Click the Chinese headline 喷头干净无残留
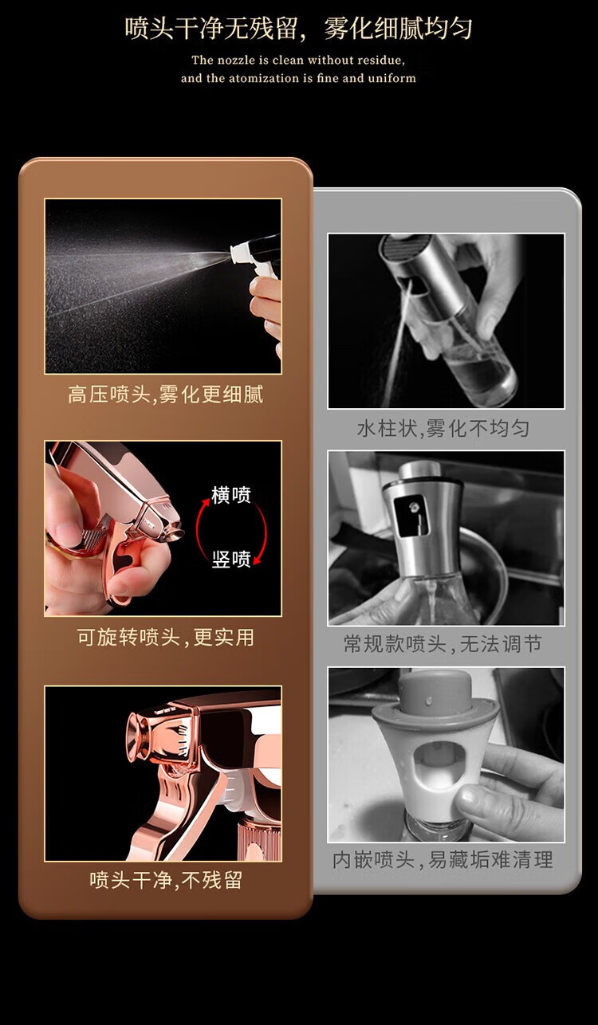click(x=212, y=29)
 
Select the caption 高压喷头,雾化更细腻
click(x=165, y=394)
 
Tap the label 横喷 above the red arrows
click(x=231, y=495)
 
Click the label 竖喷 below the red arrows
click(x=231, y=559)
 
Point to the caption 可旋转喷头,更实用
click(x=165, y=637)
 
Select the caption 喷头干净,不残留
click(x=165, y=879)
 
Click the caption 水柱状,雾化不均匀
click(x=443, y=429)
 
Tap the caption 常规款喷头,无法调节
click(x=443, y=644)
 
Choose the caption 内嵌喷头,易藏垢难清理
click(x=443, y=860)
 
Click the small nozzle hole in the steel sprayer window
click(x=414, y=507)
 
